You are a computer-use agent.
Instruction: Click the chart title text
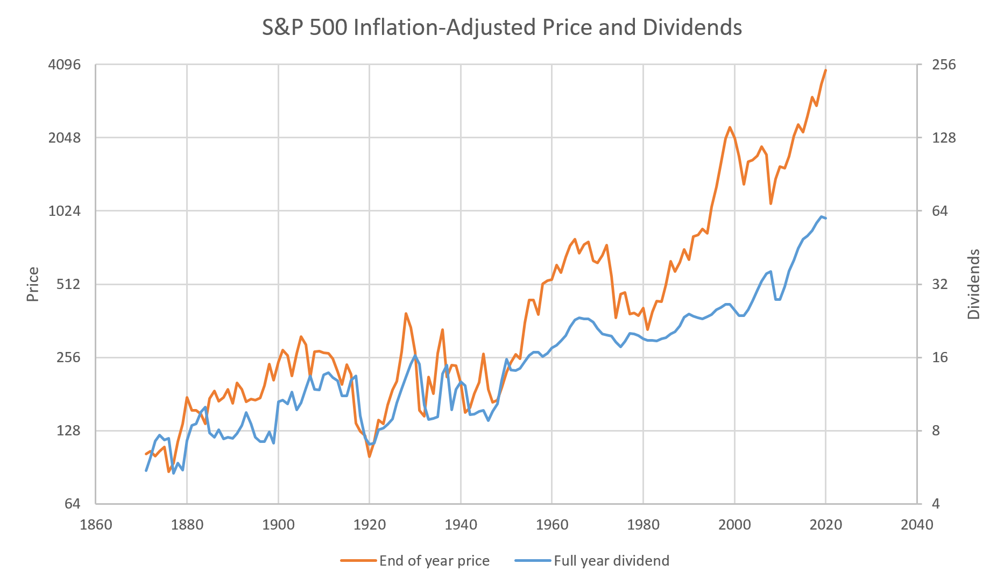tap(501, 27)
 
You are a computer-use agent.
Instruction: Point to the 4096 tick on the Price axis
tap(65, 65)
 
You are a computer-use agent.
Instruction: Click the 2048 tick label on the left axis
tap(65, 138)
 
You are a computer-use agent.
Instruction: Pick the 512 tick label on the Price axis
tap(68, 284)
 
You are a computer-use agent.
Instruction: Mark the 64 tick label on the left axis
tap(72, 504)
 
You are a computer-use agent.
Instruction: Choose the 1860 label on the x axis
tap(96, 525)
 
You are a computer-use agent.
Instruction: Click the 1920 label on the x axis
tap(370, 525)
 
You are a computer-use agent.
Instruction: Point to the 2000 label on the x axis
tap(734, 525)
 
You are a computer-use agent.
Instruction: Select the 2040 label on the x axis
tap(917, 525)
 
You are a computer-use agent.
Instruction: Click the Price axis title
tap(33, 284)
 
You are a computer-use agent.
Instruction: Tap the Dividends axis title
tap(973, 284)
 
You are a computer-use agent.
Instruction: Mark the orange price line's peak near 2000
tap(730, 128)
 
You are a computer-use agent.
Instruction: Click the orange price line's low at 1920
tap(370, 456)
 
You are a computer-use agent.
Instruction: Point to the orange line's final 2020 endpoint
tap(825, 70)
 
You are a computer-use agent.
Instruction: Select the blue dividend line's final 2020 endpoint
tap(825, 218)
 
